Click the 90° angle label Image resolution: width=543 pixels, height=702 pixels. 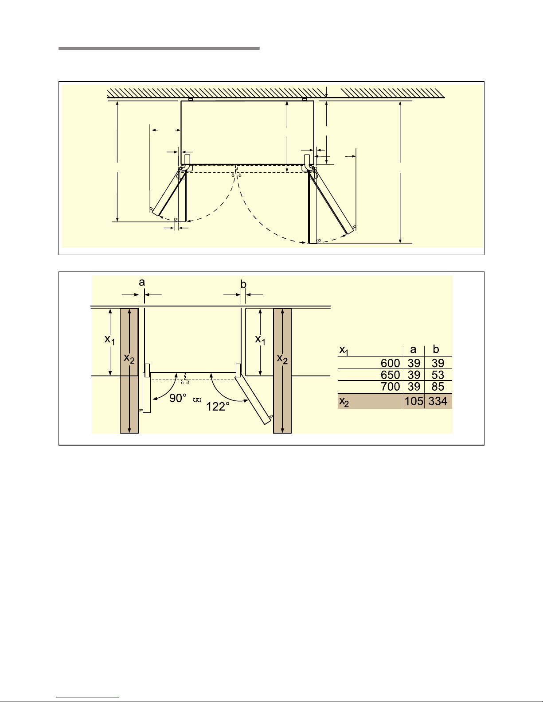(178, 399)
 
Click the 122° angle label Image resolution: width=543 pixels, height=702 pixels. (218, 406)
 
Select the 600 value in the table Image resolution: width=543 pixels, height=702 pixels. (390, 363)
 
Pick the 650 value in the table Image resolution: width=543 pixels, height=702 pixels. (390, 375)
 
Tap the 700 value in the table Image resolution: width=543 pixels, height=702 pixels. (390, 387)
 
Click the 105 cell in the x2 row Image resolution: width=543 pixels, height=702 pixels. (414, 402)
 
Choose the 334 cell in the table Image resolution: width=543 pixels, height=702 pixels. (438, 402)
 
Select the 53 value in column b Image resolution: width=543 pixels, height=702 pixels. (438, 375)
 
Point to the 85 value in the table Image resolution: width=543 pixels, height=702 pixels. (438, 387)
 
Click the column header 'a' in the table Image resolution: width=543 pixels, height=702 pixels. (413, 350)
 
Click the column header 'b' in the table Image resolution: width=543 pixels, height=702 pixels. (436, 349)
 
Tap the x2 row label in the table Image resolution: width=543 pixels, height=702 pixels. (344, 402)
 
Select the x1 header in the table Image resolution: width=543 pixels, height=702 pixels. (344, 351)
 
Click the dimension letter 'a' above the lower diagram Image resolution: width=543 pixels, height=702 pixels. (142, 283)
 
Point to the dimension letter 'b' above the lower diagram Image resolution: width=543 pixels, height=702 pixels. (243, 284)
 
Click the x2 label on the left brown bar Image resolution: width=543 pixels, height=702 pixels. (129, 358)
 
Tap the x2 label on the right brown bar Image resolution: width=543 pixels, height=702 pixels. (282, 359)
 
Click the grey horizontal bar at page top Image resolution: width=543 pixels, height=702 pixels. (159, 48)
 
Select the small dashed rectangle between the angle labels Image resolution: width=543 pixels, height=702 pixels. (197, 400)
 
